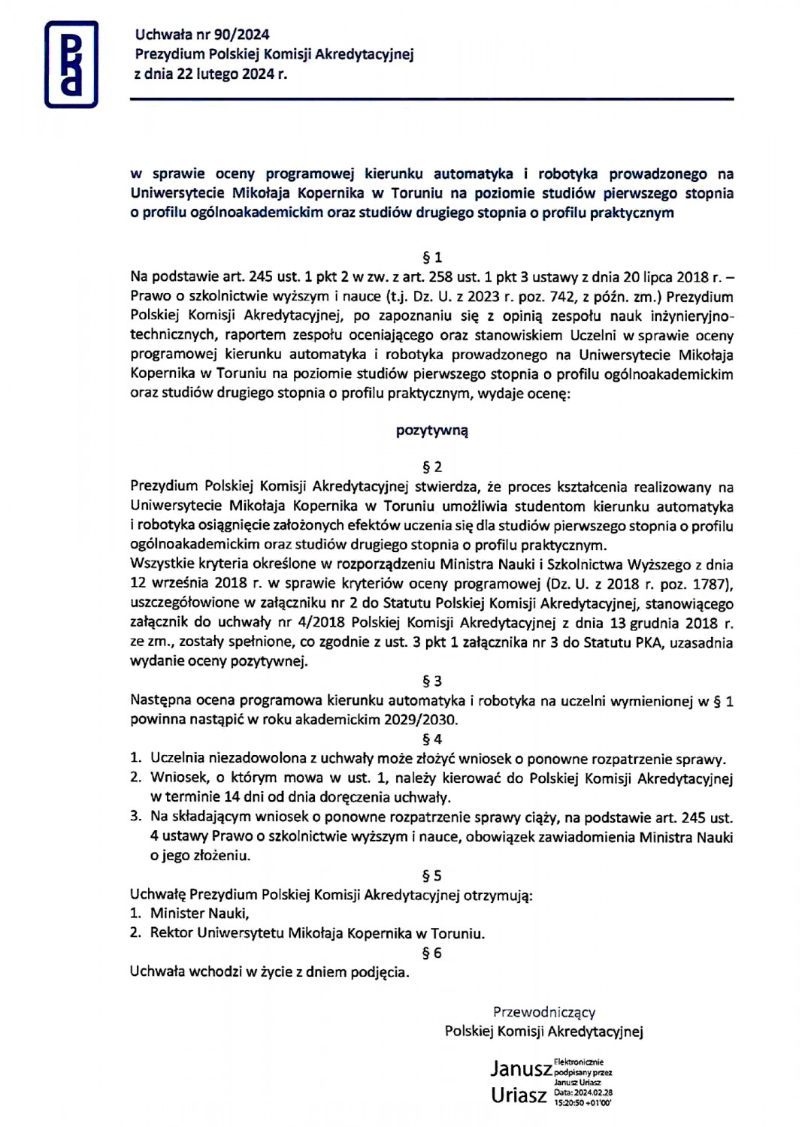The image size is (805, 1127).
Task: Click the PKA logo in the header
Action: click(x=71, y=65)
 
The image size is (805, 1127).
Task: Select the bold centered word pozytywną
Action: click(x=432, y=431)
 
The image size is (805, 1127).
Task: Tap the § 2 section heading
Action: click(x=432, y=467)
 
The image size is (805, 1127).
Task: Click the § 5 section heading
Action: click(x=432, y=875)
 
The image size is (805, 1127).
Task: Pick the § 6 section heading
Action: click(x=432, y=953)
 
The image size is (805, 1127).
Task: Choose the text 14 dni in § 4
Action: click(x=241, y=796)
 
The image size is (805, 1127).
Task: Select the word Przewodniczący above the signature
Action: click(x=544, y=1012)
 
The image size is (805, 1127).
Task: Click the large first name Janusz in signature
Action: click(x=521, y=1068)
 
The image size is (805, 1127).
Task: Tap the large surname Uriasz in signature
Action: click(x=519, y=1095)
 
